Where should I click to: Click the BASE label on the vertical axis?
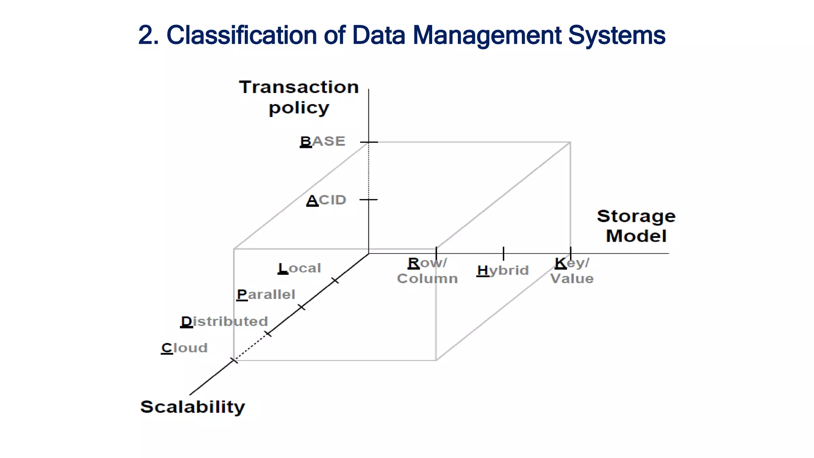coord(322,142)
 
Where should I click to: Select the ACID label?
coord(326,200)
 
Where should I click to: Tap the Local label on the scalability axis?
coord(299,268)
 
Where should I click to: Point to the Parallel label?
coord(266,295)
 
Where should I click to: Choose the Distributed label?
coord(225,321)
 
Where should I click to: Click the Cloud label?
coord(184,348)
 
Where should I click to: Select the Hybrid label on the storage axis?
coord(503,271)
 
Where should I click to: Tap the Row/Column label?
coord(427,271)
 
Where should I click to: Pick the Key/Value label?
coord(572,271)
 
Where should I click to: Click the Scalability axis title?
coord(193,407)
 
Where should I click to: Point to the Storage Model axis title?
coord(636,226)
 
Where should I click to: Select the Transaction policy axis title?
coord(299,97)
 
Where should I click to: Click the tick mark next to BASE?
coord(369,142)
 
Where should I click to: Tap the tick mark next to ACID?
coord(369,200)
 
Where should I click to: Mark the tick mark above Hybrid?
coord(504,253)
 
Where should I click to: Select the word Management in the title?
coord(487,35)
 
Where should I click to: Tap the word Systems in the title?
coord(616,35)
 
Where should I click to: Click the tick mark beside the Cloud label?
coord(234,361)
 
